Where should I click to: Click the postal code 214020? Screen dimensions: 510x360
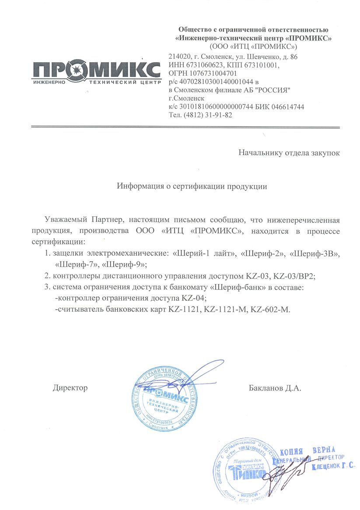179,57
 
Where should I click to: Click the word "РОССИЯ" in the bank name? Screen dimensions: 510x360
273,90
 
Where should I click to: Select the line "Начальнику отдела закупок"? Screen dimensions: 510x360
289,152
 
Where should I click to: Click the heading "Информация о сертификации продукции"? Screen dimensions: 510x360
192,186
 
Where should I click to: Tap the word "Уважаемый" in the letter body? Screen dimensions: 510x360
67,219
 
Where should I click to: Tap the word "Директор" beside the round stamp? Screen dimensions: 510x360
70,388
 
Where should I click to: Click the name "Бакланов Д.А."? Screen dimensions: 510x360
275,388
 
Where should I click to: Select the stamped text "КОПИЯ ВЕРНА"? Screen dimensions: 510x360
307,451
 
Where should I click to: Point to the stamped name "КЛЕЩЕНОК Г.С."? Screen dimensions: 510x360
333,467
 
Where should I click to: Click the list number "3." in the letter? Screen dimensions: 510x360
47,287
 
